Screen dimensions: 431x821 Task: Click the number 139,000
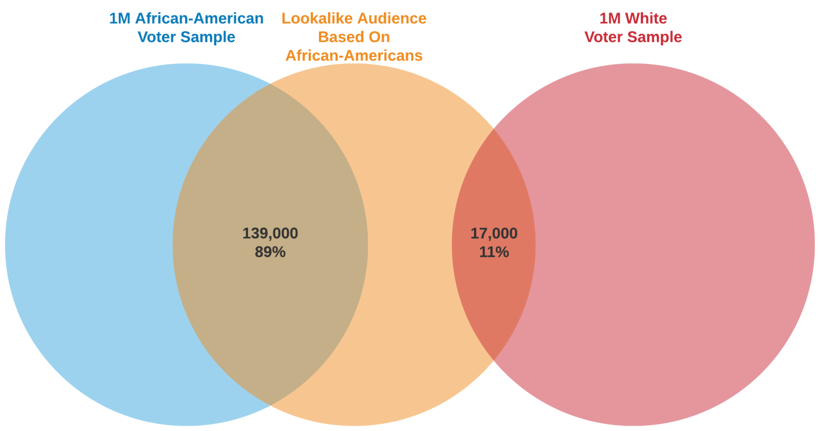click(270, 234)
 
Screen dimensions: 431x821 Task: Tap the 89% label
click(270, 252)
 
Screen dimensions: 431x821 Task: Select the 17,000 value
click(494, 234)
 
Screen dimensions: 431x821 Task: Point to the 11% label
click(494, 252)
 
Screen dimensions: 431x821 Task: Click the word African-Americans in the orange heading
click(354, 56)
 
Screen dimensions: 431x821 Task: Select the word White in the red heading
click(646, 19)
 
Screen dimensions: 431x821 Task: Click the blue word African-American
click(199, 19)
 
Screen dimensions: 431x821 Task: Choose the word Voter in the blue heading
click(157, 37)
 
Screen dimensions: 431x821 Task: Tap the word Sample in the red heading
click(655, 37)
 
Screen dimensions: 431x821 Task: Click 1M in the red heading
click(610, 19)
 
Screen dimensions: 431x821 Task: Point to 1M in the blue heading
click(120, 19)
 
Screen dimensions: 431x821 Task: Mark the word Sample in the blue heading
click(208, 37)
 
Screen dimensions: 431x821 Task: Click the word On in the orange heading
click(378, 37)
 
